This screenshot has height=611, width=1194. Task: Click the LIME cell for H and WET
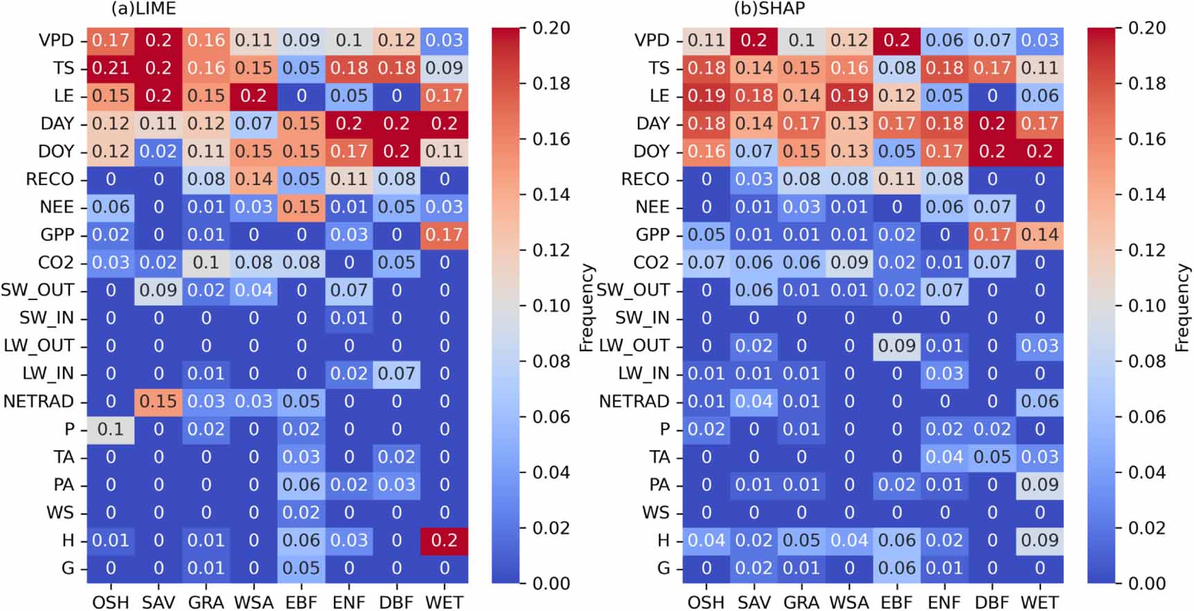click(x=444, y=540)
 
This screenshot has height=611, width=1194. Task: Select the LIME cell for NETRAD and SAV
click(x=159, y=401)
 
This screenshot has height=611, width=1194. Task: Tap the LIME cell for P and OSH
click(x=111, y=429)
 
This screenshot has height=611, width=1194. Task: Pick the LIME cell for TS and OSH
click(x=111, y=68)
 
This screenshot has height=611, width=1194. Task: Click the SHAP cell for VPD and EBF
click(x=897, y=40)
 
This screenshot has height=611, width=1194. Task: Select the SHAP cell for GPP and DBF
click(x=992, y=235)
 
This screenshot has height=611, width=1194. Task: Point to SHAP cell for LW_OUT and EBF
click(x=897, y=346)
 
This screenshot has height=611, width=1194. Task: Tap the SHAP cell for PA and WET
click(x=1040, y=485)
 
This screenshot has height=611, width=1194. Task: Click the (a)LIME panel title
click(x=143, y=9)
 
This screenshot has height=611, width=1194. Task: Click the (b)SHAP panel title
click(x=769, y=9)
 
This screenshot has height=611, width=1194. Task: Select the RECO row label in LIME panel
click(x=50, y=179)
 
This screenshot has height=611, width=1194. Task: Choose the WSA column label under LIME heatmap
click(x=253, y=602)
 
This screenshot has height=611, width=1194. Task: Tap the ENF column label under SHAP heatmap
click(x=944, y=602)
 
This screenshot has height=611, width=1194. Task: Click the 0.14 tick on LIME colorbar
click(x=551, y=195)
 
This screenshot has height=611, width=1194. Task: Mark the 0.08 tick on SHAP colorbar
click(x=1147, y=362)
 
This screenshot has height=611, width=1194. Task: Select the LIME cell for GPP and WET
click(x=444, y=235)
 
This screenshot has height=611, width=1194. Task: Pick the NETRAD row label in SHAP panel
click(x=634, y=401)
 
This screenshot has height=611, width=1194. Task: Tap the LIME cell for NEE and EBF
click(x=301, y=207)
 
